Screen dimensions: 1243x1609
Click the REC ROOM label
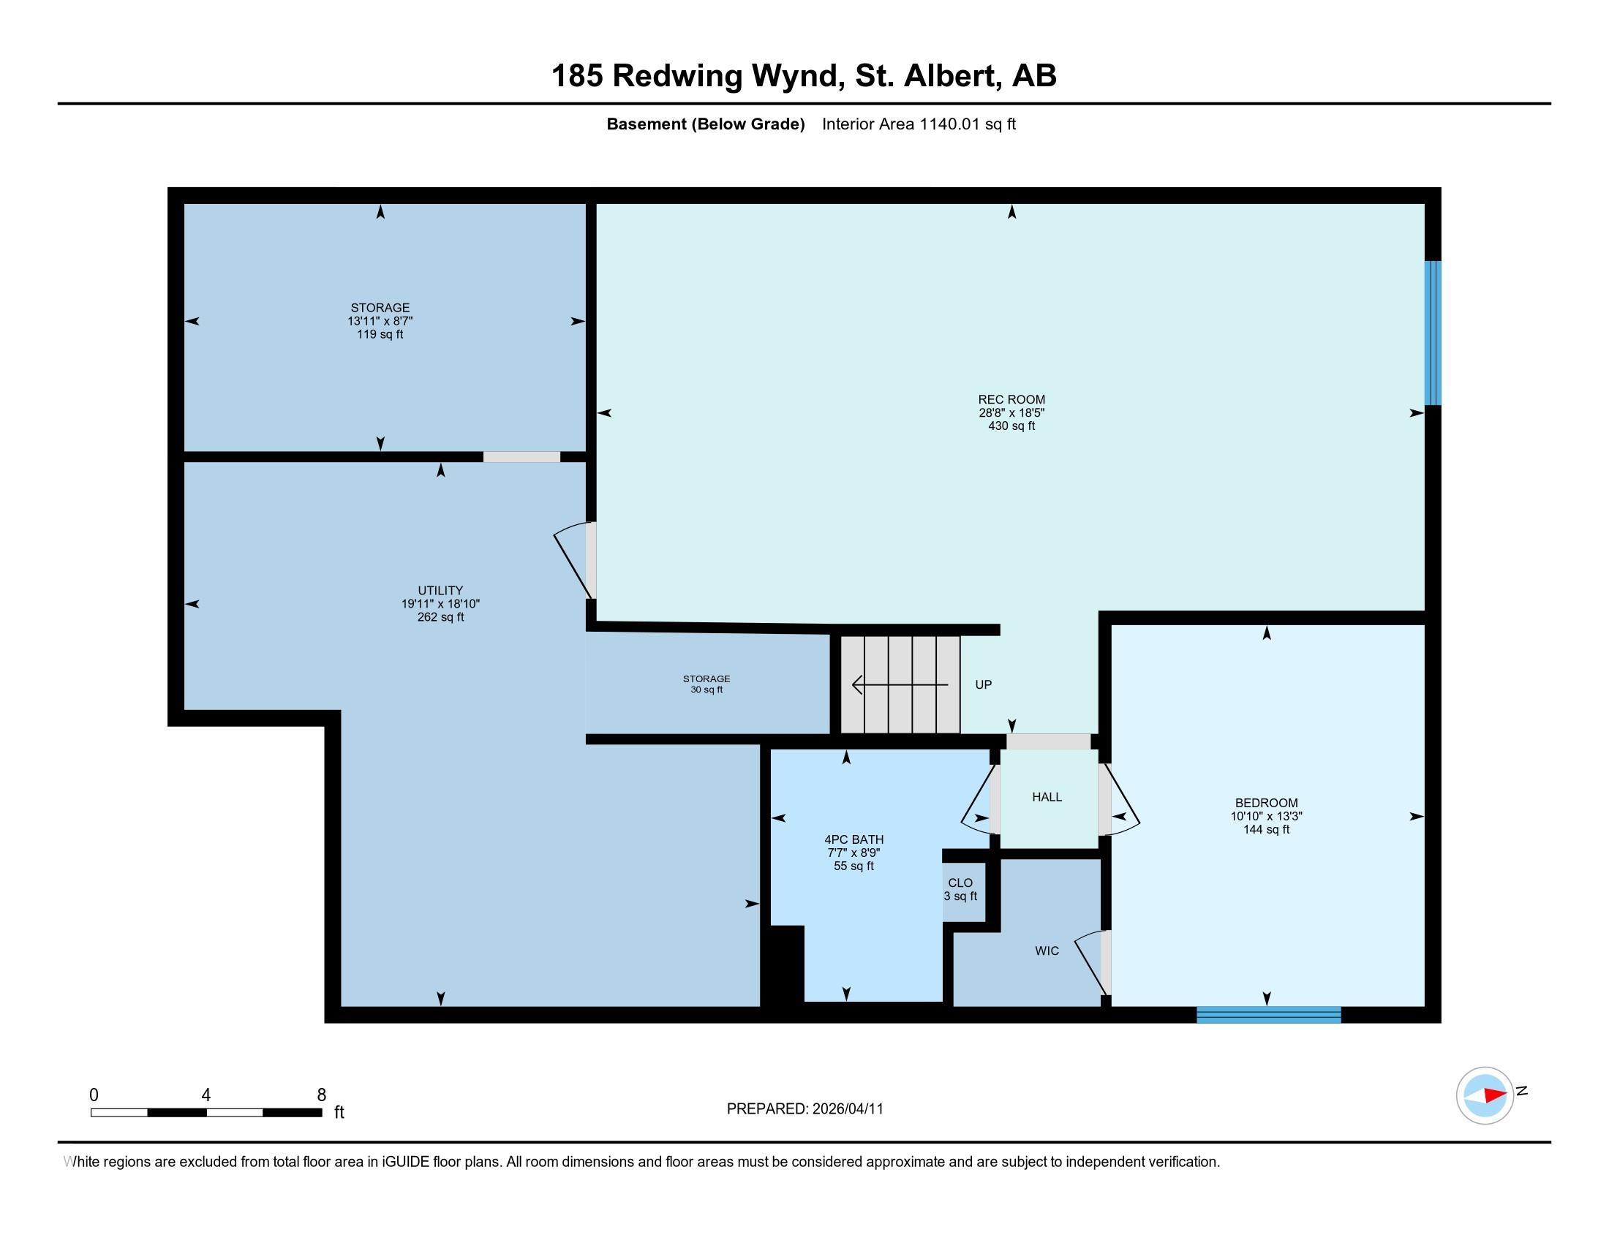coord(1011,399)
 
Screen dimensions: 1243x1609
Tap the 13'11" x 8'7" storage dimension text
coord(380,321)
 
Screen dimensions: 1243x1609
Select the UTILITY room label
coord(440,591)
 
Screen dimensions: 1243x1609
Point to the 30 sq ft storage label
coord(706,685)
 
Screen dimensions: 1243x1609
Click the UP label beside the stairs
coord(983,685)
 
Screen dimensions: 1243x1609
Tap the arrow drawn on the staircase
coord(899,686)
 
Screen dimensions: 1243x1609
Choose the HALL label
coord(1046,797)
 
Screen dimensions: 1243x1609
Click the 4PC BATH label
coord(853,839)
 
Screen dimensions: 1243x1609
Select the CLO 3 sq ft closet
coord(960,890)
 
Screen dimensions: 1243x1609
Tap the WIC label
coord(1046,951)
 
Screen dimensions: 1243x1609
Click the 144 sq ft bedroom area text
coord(1266,830)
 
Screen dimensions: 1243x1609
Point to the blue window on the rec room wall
coord(1432,333)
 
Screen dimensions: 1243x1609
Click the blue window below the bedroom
coord(1268,1015)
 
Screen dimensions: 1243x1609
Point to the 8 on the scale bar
coord(321,1095)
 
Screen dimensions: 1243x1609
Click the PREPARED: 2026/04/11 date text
coord(804,1109)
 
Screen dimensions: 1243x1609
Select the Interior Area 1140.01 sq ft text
coord(918,124)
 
